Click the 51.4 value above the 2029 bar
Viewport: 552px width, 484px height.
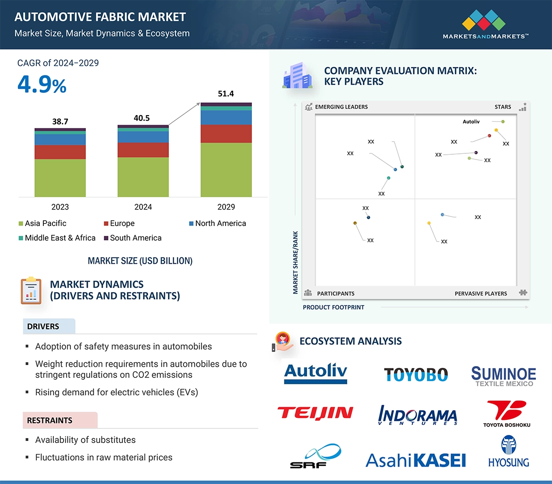click(x=226, y=94)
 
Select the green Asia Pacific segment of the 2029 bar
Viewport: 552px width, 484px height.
click(x=226, y=169)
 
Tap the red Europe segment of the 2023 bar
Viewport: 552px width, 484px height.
click(x=60, y=152)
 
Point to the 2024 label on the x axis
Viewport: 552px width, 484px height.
click(x=143, y=207)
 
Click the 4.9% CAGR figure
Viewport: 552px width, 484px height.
click(x=42, y=84)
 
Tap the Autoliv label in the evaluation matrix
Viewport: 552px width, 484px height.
click(x=471, y=122)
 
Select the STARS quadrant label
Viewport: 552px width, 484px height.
click(x=503, y=107)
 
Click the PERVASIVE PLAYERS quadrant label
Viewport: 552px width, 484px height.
click(x=481, y=293)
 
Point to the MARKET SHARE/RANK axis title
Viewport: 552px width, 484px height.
click(x=296, y=262)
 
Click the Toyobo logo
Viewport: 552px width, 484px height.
click(x=415, y=375)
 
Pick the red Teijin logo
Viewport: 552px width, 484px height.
click(x=315, y=413)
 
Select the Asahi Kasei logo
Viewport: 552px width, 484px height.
click(x=415, y=460)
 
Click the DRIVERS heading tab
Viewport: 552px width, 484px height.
click(x=43, y=326)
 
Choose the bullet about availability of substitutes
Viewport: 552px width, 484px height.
click(x=85, y=440)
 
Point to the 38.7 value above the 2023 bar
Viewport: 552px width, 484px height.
click(x=60, y=122)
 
